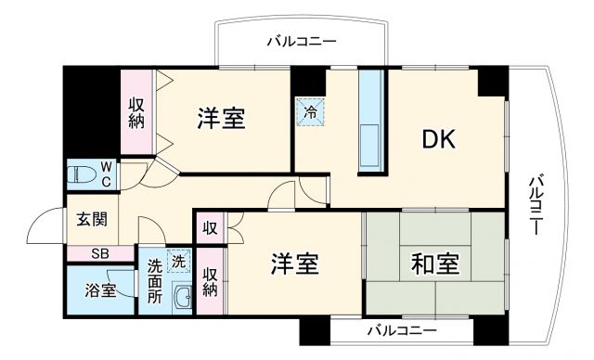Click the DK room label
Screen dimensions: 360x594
(x=440, y=139)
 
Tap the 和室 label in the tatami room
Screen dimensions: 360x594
(x=435, y=264)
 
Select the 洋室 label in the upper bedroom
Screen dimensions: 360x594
(x=220, y=119)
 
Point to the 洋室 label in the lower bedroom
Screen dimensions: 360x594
(x=295, y=264)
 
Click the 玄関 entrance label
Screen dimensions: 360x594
(x=91, y=220)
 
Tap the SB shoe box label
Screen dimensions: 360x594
(x=99, y=253)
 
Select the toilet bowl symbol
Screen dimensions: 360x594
(x=85, y=174)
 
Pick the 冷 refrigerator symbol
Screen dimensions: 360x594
(x=310, y=111)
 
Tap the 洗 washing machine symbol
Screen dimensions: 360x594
(x=176, y=261)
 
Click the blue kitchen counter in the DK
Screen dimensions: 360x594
(x=370, y=118)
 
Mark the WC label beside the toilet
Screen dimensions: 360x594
(x=107, y=174)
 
